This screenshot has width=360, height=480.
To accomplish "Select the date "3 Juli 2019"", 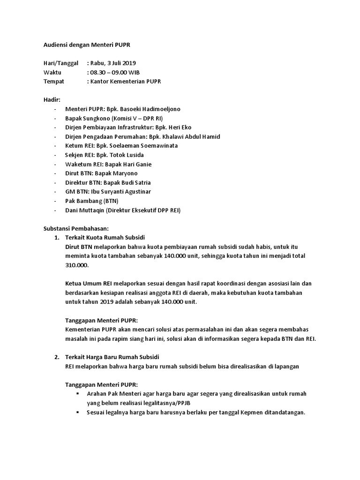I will coord(123,63).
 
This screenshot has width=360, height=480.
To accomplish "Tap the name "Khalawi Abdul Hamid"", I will coord(191,136).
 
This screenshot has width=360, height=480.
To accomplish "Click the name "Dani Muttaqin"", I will coord(85,210).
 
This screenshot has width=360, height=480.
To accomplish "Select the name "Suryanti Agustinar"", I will coord(127,192).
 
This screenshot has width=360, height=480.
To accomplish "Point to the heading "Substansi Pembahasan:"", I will coord(76,229).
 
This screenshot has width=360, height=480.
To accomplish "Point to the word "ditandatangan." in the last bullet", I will coord(285,412).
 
